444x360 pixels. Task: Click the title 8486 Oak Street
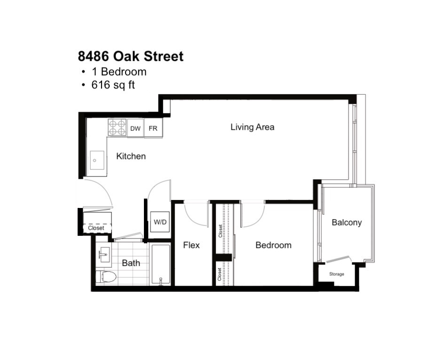click(x=131, y=56)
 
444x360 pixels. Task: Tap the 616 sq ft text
click(x=113, y=85)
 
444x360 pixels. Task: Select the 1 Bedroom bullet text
click(x=119, y=72)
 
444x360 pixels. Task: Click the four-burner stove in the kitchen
click(x=117, y=128)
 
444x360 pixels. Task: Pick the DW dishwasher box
click(x=135, y=128)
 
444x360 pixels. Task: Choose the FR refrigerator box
click(x=153, y=128)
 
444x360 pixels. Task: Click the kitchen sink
click(x=97, y=160)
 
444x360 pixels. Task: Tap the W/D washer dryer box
click(x=160, y=222)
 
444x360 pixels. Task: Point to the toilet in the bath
click(x=106, y=277)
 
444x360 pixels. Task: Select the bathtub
click(x=160, y=264)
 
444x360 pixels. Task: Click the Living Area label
click(x=252, y=127)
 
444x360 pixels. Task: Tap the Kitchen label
click(x=131, y=156)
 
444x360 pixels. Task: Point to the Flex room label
click(x=191, y=245)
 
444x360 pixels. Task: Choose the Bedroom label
click(x=273, y=245)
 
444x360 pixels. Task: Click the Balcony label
click(x=347, y=223)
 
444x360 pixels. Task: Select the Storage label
click(x=336, y=274)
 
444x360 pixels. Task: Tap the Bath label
click(x=131, y=263)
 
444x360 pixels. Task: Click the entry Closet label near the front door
click(x=96, y=228)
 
